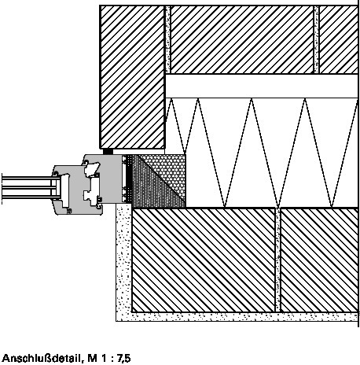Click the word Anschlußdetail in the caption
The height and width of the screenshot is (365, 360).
(x=42, y=358)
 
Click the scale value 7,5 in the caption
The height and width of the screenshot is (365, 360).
(x=123, y=358)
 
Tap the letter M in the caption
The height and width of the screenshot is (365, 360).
(x=93, y=358)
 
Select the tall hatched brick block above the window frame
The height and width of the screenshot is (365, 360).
(x=132, y=77)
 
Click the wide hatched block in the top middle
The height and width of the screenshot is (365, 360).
(x=242, y=39)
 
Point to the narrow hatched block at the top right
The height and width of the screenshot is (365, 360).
(x=338, y=39)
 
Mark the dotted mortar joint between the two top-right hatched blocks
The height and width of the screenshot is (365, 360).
(x=317, y=39)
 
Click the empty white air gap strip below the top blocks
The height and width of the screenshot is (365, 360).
(x=262, y=86)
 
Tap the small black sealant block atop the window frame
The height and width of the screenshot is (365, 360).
(x=108, y=152)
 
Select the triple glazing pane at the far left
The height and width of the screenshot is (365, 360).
(x=28, y=188)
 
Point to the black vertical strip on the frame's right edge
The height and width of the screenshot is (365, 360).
(x=129, y=179)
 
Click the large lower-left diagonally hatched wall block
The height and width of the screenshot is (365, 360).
(x=204, y=260)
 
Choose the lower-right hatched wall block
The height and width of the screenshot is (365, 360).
(x=319, y=260)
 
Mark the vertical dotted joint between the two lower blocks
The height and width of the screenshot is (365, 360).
(x=278, y=260)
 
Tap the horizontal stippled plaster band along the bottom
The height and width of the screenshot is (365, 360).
(x=237, y=317)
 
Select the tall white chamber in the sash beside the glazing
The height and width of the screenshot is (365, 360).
(x=65, y=190)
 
